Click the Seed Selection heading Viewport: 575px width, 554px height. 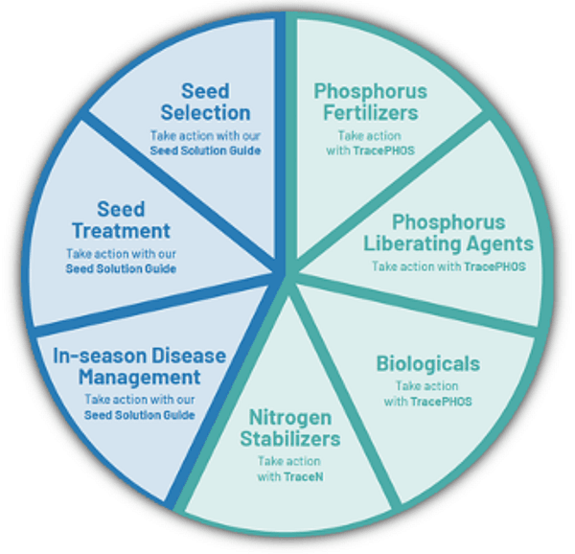point(205,102)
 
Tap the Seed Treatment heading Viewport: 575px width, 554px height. point(121,220)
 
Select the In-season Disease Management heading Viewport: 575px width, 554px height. point(139,366)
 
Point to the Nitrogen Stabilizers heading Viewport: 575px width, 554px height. point(290,427)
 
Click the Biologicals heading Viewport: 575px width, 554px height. point(428,364)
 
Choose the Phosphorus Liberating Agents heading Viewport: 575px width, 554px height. point(448,233)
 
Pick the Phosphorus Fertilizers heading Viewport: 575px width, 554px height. point(370,102)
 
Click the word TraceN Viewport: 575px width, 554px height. point(303,476)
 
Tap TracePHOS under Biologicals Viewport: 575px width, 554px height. point(441,402)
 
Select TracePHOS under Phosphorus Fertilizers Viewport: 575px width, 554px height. point(383,150)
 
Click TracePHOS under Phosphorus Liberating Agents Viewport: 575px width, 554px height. point(495,266)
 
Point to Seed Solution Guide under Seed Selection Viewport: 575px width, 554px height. point(205,150)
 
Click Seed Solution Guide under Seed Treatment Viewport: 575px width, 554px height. point(121,268)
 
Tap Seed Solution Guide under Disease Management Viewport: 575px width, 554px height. point(139,415)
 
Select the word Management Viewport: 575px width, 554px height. point(139,378)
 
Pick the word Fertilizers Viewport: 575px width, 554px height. point(370,112)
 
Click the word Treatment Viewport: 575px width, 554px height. point(121,231)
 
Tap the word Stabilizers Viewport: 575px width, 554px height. point(290,439)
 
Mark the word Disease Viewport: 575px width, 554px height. point(189,356)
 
